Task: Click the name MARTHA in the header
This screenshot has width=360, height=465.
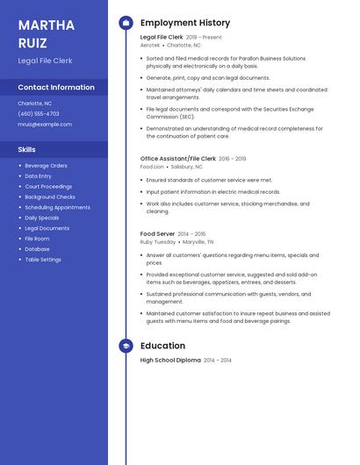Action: click(x=46, y=24)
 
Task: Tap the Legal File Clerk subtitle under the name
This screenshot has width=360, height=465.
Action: click(x=45, y=61)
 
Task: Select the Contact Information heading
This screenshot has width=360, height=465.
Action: click(x=56, y=88)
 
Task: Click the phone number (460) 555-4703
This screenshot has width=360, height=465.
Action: click(x=39, y=114)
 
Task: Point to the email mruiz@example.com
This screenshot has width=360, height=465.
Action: click(x=44, y=125)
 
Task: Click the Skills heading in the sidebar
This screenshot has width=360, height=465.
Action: click(x=27, y=150)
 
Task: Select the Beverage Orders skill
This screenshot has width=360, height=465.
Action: click(x=46, y=166)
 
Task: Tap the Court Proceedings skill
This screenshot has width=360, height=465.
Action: click(x=48, y=187)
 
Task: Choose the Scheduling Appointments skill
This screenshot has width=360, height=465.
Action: click(x=57, y=208)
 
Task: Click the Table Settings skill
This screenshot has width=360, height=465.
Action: click(x=43, y=260)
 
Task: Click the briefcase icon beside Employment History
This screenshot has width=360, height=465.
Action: click(x=126, y=23)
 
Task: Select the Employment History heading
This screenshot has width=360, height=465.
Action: click(x=185, y=23)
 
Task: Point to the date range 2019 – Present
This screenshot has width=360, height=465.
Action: click(x=204, y=38)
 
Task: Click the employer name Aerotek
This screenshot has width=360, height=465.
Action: click(x=150, y=45)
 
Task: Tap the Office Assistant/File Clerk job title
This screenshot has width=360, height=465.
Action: click(x=178, y=159)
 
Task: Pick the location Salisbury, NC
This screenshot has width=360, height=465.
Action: click(x=186, y=166)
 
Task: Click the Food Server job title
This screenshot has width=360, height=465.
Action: click(x=157, y=234)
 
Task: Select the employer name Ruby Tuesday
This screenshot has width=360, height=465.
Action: click(x=158, y=241)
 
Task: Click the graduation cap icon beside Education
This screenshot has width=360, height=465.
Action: click(x=126, y=346)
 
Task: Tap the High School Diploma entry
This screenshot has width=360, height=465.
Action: click(x=170, y=361)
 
